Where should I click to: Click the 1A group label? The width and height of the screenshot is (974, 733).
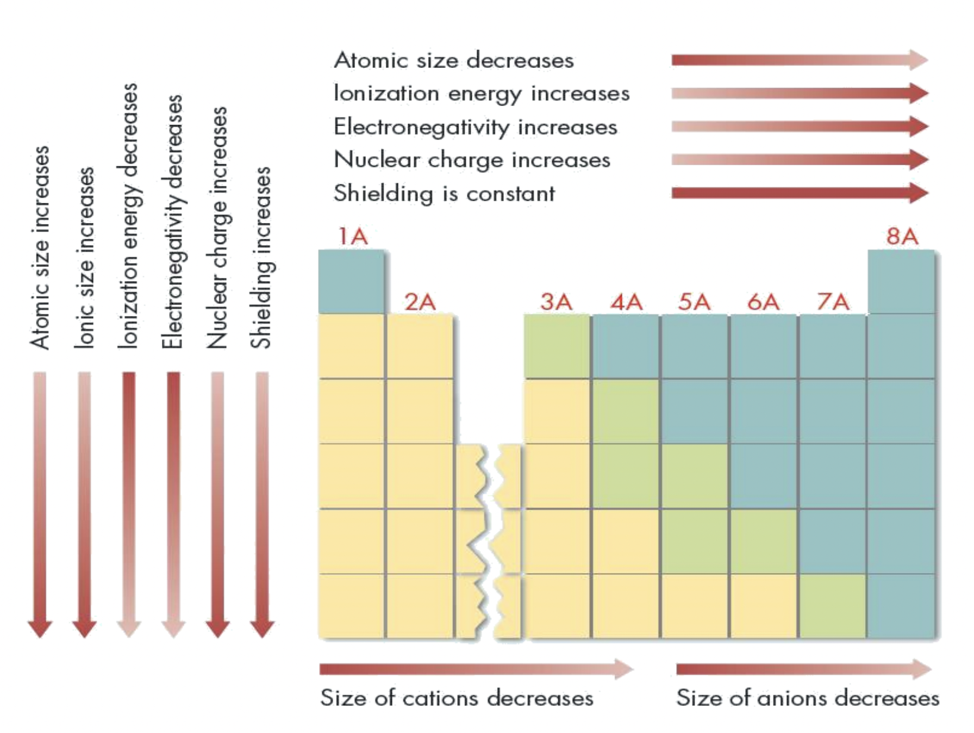[353, 237]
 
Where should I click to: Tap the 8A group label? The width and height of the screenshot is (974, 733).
[902, 237]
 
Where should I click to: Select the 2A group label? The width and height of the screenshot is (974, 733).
[420, 302]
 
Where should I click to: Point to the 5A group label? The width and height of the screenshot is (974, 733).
[694, 302]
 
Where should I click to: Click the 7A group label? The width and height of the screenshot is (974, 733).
[833, 302]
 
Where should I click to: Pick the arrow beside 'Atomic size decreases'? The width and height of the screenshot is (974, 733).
[799, 60]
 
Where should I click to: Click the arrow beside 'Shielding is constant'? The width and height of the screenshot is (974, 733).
[799, 193]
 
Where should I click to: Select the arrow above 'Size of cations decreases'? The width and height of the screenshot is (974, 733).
[476, 669]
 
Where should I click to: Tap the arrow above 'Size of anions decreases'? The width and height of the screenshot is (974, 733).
[803, 669]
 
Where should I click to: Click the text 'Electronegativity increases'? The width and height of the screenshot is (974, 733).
[476, 127]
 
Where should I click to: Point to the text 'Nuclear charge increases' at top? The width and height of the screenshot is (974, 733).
[472, 160]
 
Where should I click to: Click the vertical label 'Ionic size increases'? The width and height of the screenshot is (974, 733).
[85, 257]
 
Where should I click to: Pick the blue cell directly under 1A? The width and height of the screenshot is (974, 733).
[351, 282]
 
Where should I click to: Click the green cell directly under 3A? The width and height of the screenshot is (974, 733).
[557, 346]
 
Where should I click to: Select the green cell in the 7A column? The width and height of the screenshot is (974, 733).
[832, 606]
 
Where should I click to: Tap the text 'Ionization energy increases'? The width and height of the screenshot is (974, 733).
[482, 94]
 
